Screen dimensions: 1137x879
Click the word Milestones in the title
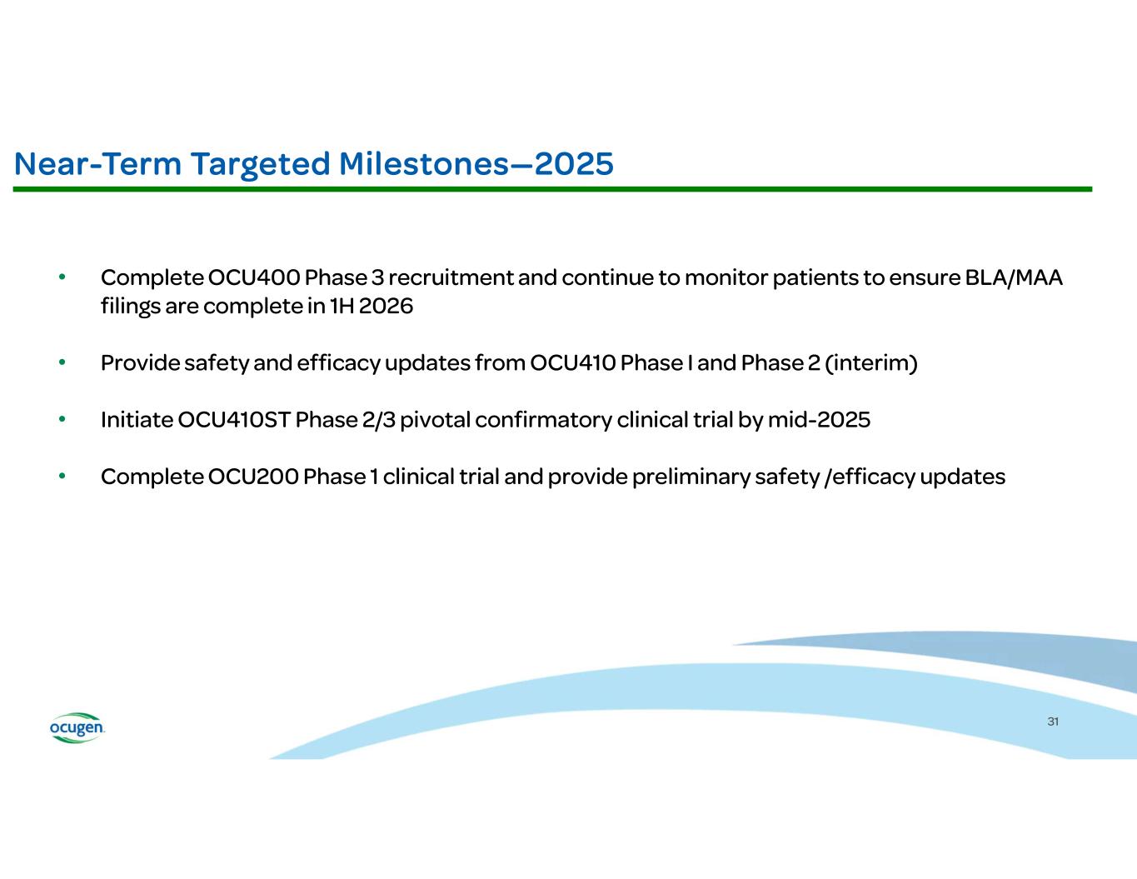coord(424,164)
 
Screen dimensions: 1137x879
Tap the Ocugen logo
coord(77,727)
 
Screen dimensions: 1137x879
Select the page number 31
coord(1053,722)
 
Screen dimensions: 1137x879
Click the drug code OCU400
coord(254,277)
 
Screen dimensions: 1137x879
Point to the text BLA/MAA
coord(1014,277)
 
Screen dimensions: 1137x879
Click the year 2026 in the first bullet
coord(386,306)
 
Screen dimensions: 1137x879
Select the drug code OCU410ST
coord(234,420)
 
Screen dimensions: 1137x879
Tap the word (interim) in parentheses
coord(871,363)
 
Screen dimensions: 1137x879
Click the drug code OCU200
coord(253,477)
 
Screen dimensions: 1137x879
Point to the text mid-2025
coord(819,420)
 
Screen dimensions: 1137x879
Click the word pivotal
coord(436,420)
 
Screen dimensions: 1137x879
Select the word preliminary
coord(691,477)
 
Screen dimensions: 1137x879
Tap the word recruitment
coord(451,277)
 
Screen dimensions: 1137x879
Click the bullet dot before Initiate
coord(62,419)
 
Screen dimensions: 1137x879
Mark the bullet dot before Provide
coord(62,362)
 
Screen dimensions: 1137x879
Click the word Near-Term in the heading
coord(97,164)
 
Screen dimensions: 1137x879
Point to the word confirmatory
coord(543,420)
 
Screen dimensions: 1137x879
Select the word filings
coord(131,307)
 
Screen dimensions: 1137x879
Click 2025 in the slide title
coord(574,164)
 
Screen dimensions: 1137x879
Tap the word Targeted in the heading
coord(260,165)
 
